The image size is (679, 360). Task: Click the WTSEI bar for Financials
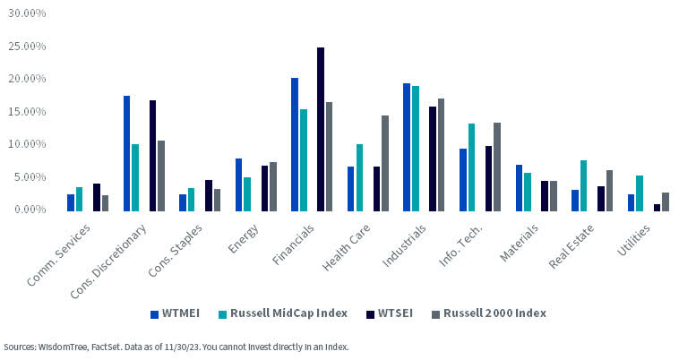pos(321,130)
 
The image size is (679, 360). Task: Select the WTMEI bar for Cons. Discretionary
pos(126,153)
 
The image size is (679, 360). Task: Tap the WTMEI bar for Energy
pos(238,184)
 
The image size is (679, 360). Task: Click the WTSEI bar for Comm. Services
pos(97,197)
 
